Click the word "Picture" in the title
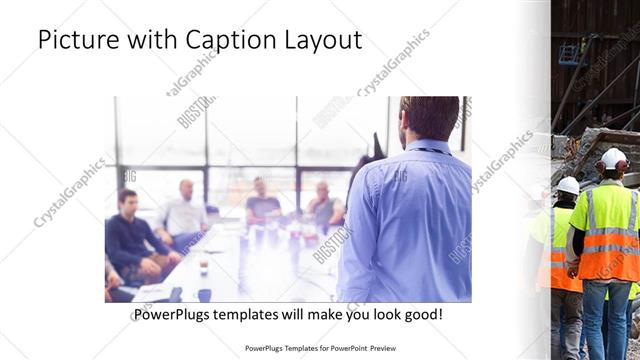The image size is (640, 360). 76,41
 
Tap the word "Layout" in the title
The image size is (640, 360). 322,41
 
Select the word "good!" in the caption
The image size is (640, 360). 424,314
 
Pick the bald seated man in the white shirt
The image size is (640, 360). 183,212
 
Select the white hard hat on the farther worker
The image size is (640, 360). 568,185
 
